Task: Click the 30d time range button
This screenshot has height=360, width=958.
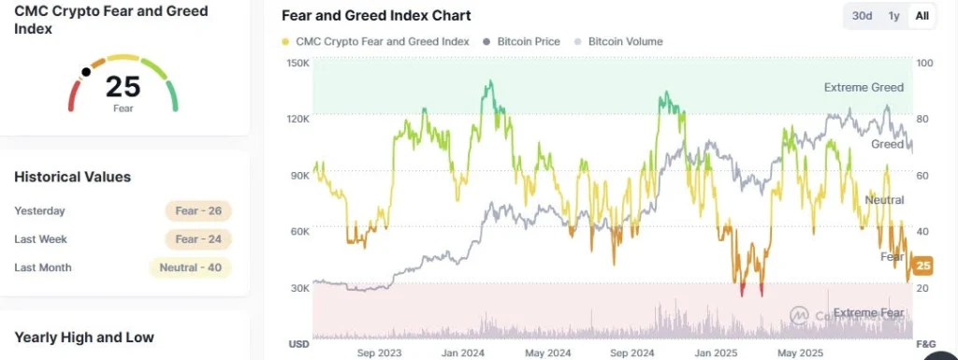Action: point(862,16)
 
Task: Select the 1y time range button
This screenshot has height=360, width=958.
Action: point(893,16)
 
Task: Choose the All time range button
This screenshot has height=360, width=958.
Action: point(922,16)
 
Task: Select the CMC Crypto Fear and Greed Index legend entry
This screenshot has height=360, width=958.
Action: point(375,41)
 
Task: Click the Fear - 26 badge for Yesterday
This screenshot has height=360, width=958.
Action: point(198,210)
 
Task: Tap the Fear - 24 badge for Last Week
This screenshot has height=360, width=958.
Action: point(198,239)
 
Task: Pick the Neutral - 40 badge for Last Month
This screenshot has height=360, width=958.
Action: point(191,267)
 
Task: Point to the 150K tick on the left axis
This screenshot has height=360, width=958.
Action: point(298,63)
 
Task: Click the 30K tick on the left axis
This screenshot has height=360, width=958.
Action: point(299,288)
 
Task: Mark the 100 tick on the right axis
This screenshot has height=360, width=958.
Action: point(924,63)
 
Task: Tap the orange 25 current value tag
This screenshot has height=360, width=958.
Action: point(922,266)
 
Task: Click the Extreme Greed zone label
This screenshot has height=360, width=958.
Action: point(863,87)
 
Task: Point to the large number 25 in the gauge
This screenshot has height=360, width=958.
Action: point(123,86)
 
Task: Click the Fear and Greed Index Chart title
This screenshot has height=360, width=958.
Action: point(376,16)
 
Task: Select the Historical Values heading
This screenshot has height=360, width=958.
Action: point(72,177)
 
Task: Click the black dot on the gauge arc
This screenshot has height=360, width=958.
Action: point(86,71)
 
